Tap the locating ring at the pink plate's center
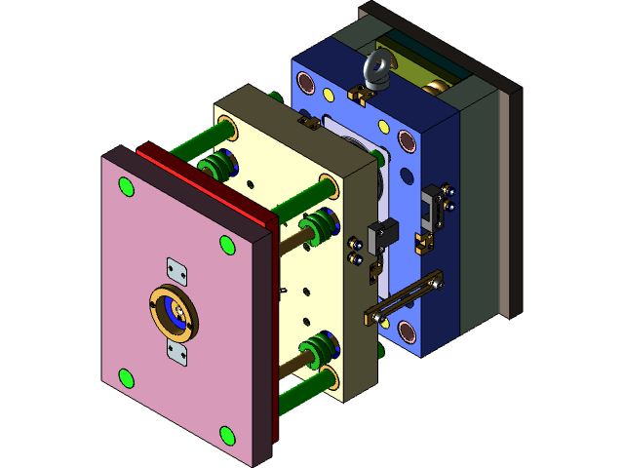point(173,311)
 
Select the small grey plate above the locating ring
point(175,270)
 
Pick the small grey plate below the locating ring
point(176,352)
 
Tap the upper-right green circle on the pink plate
point(226,244)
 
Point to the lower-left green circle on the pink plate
point(125,376)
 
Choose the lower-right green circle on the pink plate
point(227,434)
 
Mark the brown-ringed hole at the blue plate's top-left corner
point(306,85)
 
